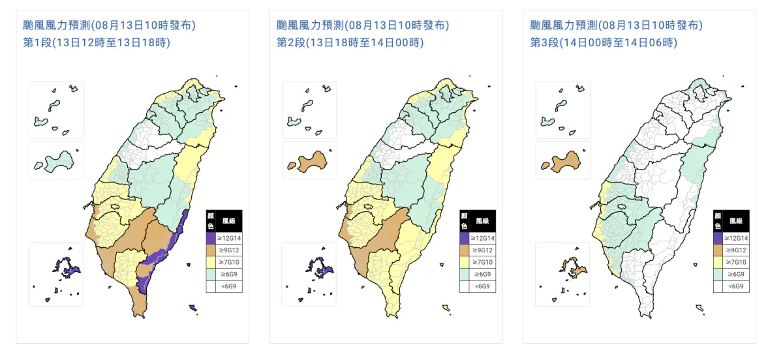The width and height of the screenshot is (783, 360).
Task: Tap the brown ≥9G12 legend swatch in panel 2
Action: (463, 250)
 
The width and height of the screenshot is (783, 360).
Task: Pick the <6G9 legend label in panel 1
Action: (228, 286)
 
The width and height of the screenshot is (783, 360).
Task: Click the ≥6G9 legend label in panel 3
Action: (735, 274)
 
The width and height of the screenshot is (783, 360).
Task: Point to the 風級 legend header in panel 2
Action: (482, 221)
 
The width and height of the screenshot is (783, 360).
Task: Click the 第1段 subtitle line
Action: (96, 43)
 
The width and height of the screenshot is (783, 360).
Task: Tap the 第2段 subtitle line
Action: (350, 43)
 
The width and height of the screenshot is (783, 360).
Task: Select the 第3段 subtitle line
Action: (604, 43)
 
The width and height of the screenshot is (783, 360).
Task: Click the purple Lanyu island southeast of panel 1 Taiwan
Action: (193, 307)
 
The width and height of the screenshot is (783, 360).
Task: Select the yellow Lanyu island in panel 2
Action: (446, 308)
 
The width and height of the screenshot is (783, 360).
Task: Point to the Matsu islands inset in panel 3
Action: (561, 108)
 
